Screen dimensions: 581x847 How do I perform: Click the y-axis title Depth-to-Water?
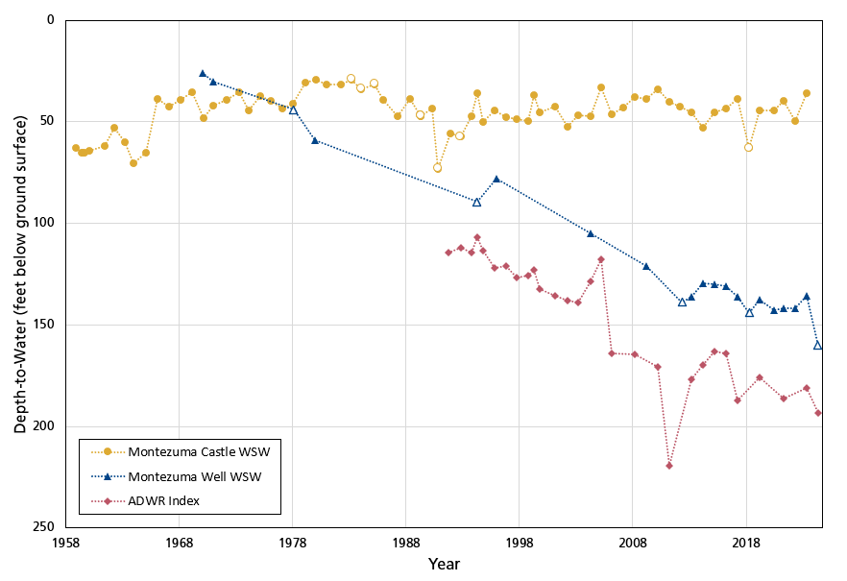point(19,275)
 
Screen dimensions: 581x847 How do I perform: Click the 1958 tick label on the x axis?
point(65,544)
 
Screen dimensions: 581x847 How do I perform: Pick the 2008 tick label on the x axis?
point(632,544)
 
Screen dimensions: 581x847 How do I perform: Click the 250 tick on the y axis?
point(43,527)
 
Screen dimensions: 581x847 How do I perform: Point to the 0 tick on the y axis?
point(51,19)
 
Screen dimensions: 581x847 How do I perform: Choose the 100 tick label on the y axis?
point(43,223)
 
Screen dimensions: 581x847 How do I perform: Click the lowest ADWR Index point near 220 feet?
point(669,466)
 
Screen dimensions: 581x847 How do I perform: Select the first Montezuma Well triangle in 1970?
point(203,73)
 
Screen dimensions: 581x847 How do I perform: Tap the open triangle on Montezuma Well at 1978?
point(293,110)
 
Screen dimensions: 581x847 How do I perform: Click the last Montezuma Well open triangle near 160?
point(818,345)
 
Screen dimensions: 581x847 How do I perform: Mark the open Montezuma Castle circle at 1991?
point(437,168)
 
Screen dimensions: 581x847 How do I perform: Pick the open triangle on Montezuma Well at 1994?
point(476,202)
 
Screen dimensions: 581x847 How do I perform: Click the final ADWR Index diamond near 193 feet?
point(818,413)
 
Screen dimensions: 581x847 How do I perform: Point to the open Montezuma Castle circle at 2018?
point(749,147)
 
